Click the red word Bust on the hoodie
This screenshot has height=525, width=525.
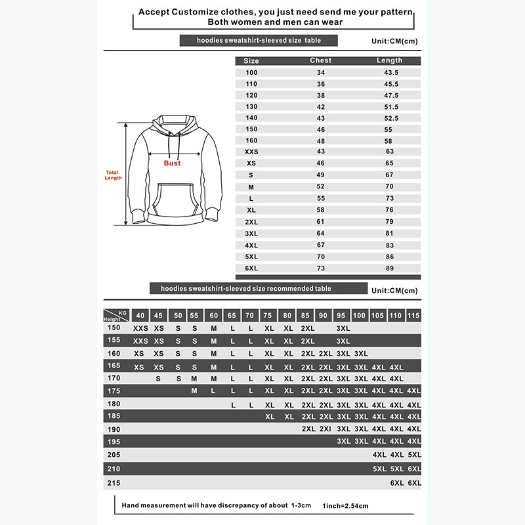point(172,163)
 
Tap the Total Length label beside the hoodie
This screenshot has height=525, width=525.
point(113,175)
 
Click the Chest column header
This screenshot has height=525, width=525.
point(321,60)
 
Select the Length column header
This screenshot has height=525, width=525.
point(389,60)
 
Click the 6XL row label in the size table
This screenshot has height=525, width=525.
point(251,268)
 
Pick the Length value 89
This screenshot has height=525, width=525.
point(389,268)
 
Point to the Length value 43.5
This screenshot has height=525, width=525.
point(392,72)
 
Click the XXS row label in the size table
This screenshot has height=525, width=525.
point(251,152)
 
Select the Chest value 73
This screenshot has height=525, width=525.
point(321,268)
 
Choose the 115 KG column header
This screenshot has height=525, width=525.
point(413,316)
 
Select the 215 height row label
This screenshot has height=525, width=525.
point(114,483)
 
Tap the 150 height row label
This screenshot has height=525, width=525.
point(114,327)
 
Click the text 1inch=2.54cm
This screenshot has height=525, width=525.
point(345,506)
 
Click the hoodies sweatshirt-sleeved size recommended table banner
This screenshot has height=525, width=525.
point(241,288)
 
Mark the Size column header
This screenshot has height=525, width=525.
point(251,60)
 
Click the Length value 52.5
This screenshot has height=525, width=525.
point(392,118)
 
